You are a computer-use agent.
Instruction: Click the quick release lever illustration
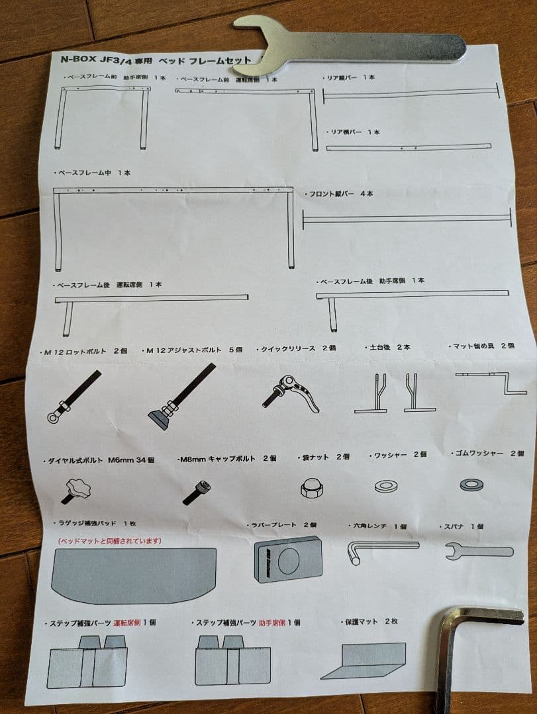(x=291, y=393)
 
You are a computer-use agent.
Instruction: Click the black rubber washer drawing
(x=471, y=485)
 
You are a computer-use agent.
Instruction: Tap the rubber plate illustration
(x=288, y=559)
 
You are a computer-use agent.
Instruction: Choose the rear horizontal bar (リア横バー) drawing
(x=408, y=147)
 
